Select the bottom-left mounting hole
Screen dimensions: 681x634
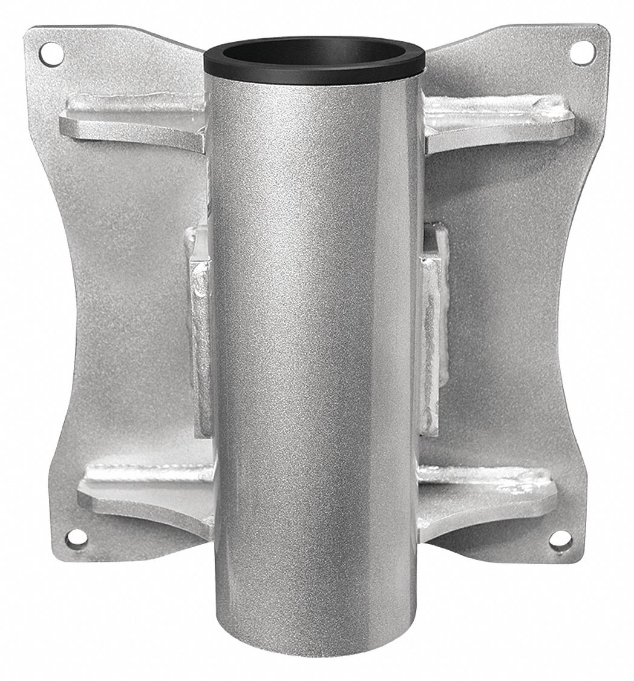click(76, 536)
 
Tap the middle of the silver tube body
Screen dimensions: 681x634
click(315, 351)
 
